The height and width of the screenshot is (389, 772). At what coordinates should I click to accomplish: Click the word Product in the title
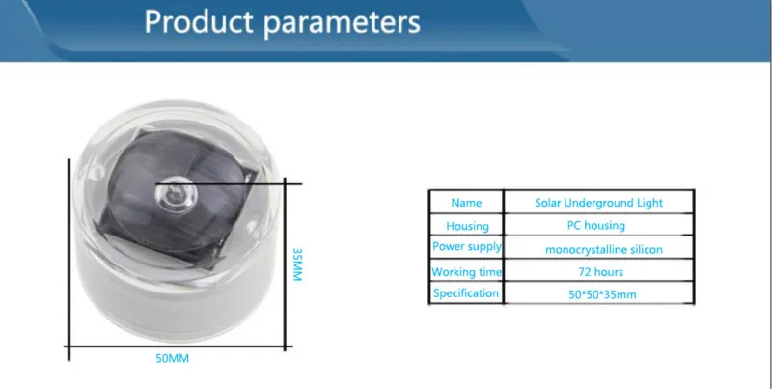pos(199,22)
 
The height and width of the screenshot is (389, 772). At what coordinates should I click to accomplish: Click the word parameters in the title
pos(343,23)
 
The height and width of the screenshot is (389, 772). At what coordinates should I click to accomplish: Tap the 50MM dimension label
pos(173,358)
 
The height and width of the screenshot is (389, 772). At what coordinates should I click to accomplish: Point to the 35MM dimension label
pos(297,264)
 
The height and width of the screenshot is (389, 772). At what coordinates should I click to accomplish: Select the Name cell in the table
pos(466,203)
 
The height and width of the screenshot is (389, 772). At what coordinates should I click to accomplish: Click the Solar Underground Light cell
pos(598,203)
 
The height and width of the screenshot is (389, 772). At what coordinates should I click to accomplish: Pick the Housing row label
pos(467,226)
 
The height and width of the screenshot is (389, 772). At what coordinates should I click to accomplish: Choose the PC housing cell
pos(596,226)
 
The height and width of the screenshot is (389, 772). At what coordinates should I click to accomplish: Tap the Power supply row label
pos(467,246)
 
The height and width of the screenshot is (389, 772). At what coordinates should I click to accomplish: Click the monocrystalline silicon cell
pos(604,250)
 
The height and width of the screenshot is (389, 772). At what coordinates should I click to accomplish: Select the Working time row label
pos(466,272)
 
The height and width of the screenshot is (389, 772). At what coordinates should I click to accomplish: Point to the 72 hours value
pos(600,272)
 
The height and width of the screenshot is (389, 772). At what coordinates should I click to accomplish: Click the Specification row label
pos(466,293)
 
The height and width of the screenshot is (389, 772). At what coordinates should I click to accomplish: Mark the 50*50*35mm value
pos(602,295)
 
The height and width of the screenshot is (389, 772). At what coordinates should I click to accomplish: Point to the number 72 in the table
pos(585,272)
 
